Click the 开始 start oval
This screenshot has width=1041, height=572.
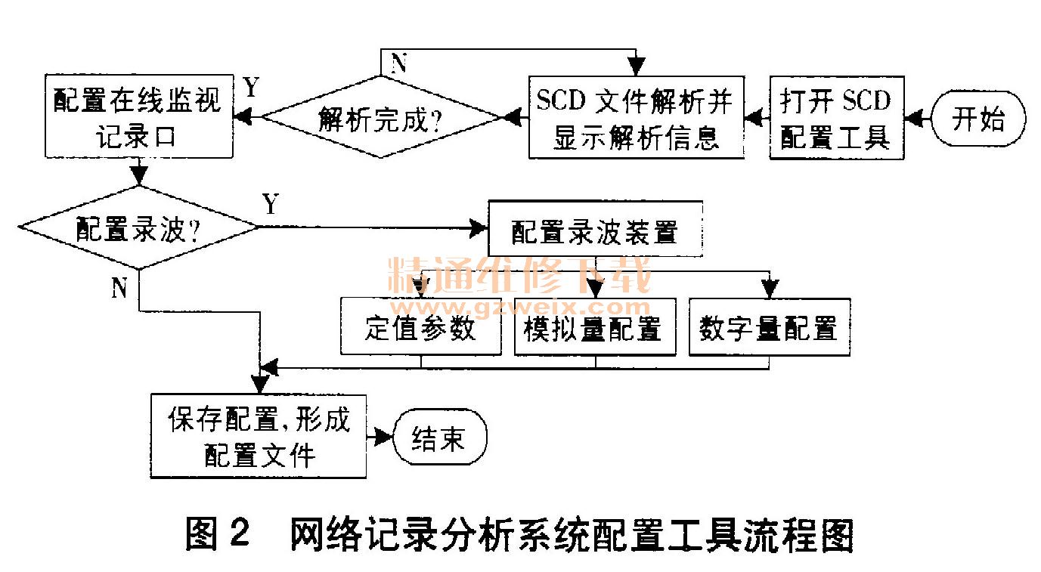click(x=978, y=119)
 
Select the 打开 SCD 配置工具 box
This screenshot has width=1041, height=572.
click(x=836, y=118)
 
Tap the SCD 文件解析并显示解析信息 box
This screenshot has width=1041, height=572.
click(x=636, y=118)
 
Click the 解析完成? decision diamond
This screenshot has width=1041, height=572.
click(x=380, y=117)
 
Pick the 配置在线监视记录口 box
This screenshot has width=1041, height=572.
click(x=138, y=117)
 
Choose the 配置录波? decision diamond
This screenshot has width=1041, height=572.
click(x=138, y=227)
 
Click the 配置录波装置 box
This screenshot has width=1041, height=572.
click(x=595, y=229)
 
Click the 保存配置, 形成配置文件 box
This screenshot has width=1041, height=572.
click(x=259, y=436)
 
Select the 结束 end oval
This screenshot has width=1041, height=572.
click(x=439, y=438)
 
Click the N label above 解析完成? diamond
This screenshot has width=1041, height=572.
click(x=398, y=64)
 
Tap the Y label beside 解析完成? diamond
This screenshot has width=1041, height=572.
click(x=252, y=88)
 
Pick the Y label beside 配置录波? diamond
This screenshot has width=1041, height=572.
click(x=270, y=203)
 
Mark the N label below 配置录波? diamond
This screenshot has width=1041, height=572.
click(x=119, y=287)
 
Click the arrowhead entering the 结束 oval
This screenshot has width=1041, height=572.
click(x=385, y=437)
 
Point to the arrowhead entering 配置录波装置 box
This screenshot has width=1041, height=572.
click(x=479, y=227)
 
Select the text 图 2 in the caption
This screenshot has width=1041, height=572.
click(x=218, y=536)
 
